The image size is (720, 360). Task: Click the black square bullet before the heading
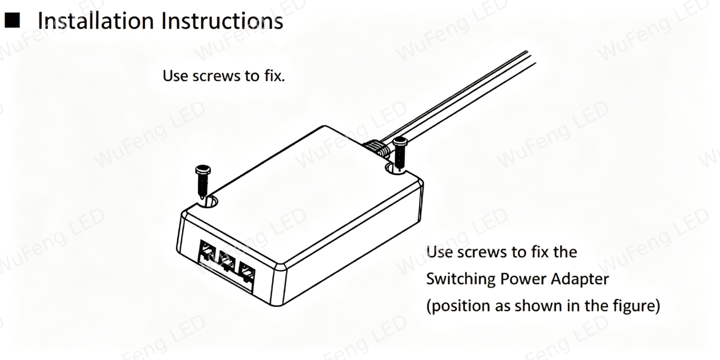tap(12, 20)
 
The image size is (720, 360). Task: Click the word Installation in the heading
tap(96, 21)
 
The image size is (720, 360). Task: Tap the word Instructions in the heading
tap(222, 21)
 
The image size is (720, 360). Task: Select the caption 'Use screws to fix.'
tap(224, 76)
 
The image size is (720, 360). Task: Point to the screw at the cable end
tap(399, 154)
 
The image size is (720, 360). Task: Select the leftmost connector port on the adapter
tap(208, 253)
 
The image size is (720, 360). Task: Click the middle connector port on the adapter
tap(227, 261)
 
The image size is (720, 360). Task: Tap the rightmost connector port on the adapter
tap(246, 272)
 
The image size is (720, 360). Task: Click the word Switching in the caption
tap(461, 279)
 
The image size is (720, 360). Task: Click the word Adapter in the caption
tap(580, 279)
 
